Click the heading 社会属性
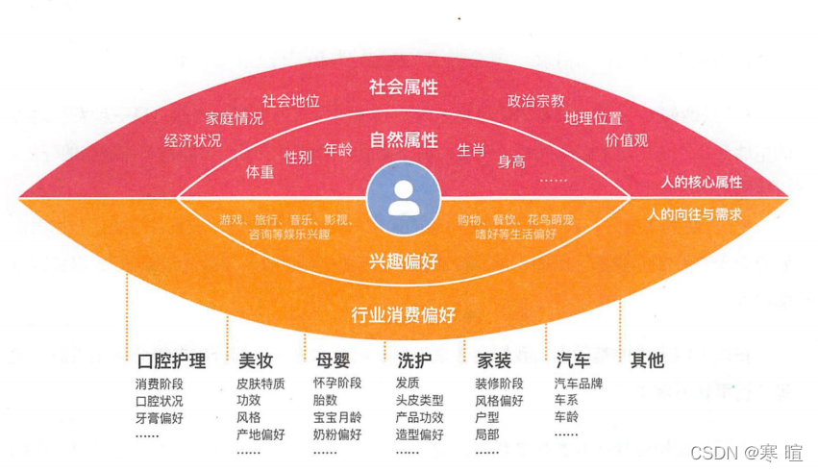(x=404, y=87)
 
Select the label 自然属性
(x=404, y=140)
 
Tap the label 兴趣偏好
(x=404, y=260)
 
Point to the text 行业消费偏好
(x=404, y=314)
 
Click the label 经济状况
(x=192, y=140)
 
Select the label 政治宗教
(x=535, y=100)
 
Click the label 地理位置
(x=593, y=119)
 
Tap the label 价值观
(x=626, y=140)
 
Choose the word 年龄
(x=338, y=150)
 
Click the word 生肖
(x=470, y=150)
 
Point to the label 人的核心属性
(x=701, y=182)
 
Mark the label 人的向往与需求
(x=695, y=213)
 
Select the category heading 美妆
(x=256, y=361)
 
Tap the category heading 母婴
(x=332, y=361)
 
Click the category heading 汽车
(x=573, y=361)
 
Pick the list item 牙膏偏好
(x=160, y=418)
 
